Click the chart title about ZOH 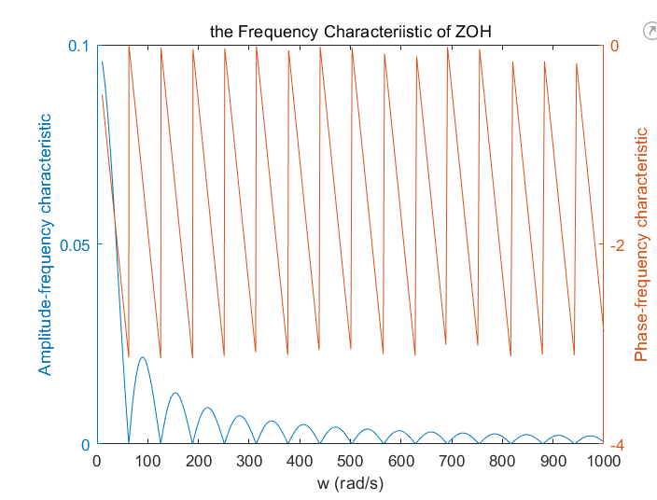[350, 32]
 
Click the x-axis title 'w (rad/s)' [350, 483]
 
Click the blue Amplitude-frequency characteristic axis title [45, 244]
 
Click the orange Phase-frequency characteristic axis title [641, 244]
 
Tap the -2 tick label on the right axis [616, 245]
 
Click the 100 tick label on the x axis [147, 462]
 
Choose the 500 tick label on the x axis [350, 462]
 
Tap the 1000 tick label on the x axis [603, 462]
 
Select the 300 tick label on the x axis [249, 462]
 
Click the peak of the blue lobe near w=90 [142, 357]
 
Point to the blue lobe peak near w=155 [175, 393]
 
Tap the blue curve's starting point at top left [102, 62]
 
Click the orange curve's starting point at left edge [102, 95]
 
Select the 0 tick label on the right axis [613, 46]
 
